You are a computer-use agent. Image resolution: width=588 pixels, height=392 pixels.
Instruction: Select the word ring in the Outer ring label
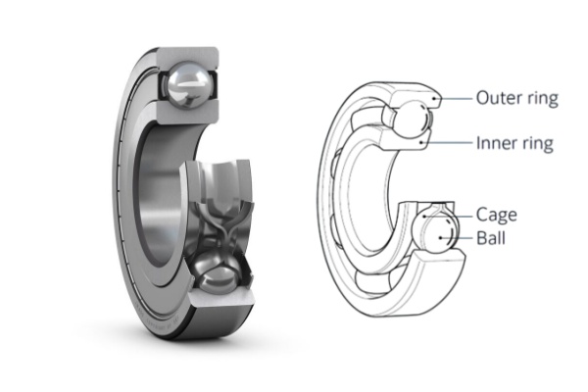point(540,98)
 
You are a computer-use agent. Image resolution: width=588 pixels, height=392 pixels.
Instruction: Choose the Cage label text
point(496,215)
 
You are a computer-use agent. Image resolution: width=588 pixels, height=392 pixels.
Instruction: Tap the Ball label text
point(492,238)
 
